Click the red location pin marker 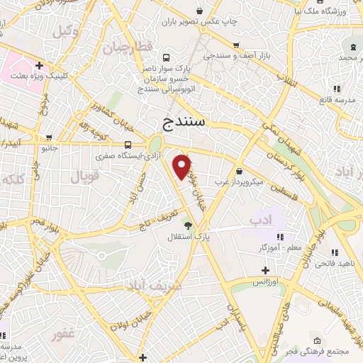tap(183, 166)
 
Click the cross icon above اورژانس tap(265, 270)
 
